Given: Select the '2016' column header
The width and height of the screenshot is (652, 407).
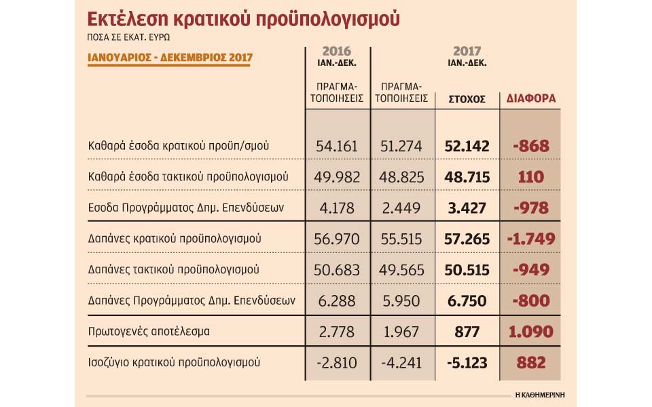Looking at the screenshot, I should click(x=338, y=51).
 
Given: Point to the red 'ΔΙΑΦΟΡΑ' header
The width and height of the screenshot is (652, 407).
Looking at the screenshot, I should click(x=531, y=98).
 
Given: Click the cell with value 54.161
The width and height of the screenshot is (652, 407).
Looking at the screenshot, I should click(x=338, y=146).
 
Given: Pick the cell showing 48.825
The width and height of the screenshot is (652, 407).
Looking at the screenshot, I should click(x=402, y=177).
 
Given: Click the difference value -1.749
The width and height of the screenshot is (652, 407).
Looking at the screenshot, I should click(x=531, y=239).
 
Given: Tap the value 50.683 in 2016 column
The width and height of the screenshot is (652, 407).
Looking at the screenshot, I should click(x=338, y=270).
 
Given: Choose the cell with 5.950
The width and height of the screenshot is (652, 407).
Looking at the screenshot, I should click(x=402, y=301).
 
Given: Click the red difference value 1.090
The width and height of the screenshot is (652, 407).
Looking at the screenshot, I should click(x=531, y=332).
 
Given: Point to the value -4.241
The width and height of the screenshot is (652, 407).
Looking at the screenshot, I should click(x=402, y=363).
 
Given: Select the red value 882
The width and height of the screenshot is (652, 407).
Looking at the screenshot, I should click(x=531, y=363).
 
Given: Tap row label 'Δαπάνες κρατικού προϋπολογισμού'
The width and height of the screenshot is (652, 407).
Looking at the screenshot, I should click(x=175, y=239).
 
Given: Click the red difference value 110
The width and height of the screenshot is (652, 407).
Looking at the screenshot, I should click(x=531, y=177).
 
